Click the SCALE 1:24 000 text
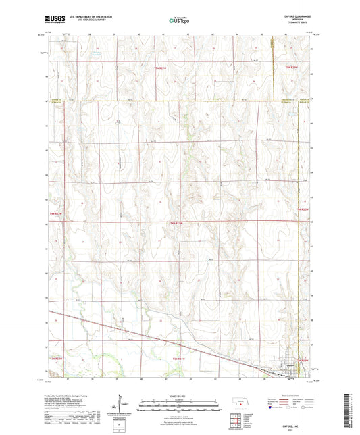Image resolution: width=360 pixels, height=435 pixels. [180, 395]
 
